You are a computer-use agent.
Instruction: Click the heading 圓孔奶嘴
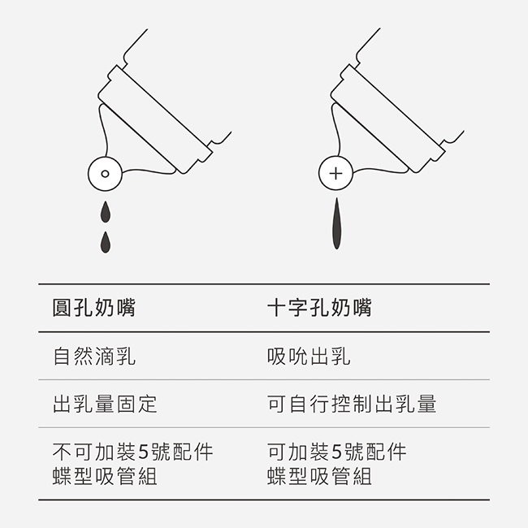(x=94, y=307)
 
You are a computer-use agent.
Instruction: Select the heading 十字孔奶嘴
(x=319, y=307)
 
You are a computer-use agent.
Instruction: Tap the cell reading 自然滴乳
(x=94, y=356)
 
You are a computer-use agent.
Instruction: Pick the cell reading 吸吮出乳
(x=309, y=356)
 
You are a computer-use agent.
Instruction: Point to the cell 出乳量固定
(x=105, y=404)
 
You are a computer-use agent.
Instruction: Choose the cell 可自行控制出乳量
(x=352, y=404)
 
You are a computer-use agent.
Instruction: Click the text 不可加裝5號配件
(x=132, y=452)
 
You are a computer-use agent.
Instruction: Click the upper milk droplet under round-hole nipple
(x=106, y=212)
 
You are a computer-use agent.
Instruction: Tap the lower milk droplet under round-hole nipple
(x=106, y=242)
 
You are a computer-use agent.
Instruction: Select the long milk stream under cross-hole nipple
(x=336, y=223)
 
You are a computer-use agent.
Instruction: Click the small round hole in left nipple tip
(x=105, y=174)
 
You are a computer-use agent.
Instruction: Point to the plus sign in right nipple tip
(x=335, y=174)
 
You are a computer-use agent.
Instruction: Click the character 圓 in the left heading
(x=63, y=307)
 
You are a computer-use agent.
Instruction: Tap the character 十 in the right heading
(x=277, y=307)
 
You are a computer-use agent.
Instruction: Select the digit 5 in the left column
(x=144, y=452)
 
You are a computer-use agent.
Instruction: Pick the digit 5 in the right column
(x=337, y=452)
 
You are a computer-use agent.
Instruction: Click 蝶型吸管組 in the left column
(x=105, y=476)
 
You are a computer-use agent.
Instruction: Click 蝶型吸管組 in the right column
(x=319, y=476)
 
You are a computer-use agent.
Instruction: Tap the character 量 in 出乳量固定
(x=105, y=404)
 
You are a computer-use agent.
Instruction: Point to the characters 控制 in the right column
(x=352, y=404)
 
